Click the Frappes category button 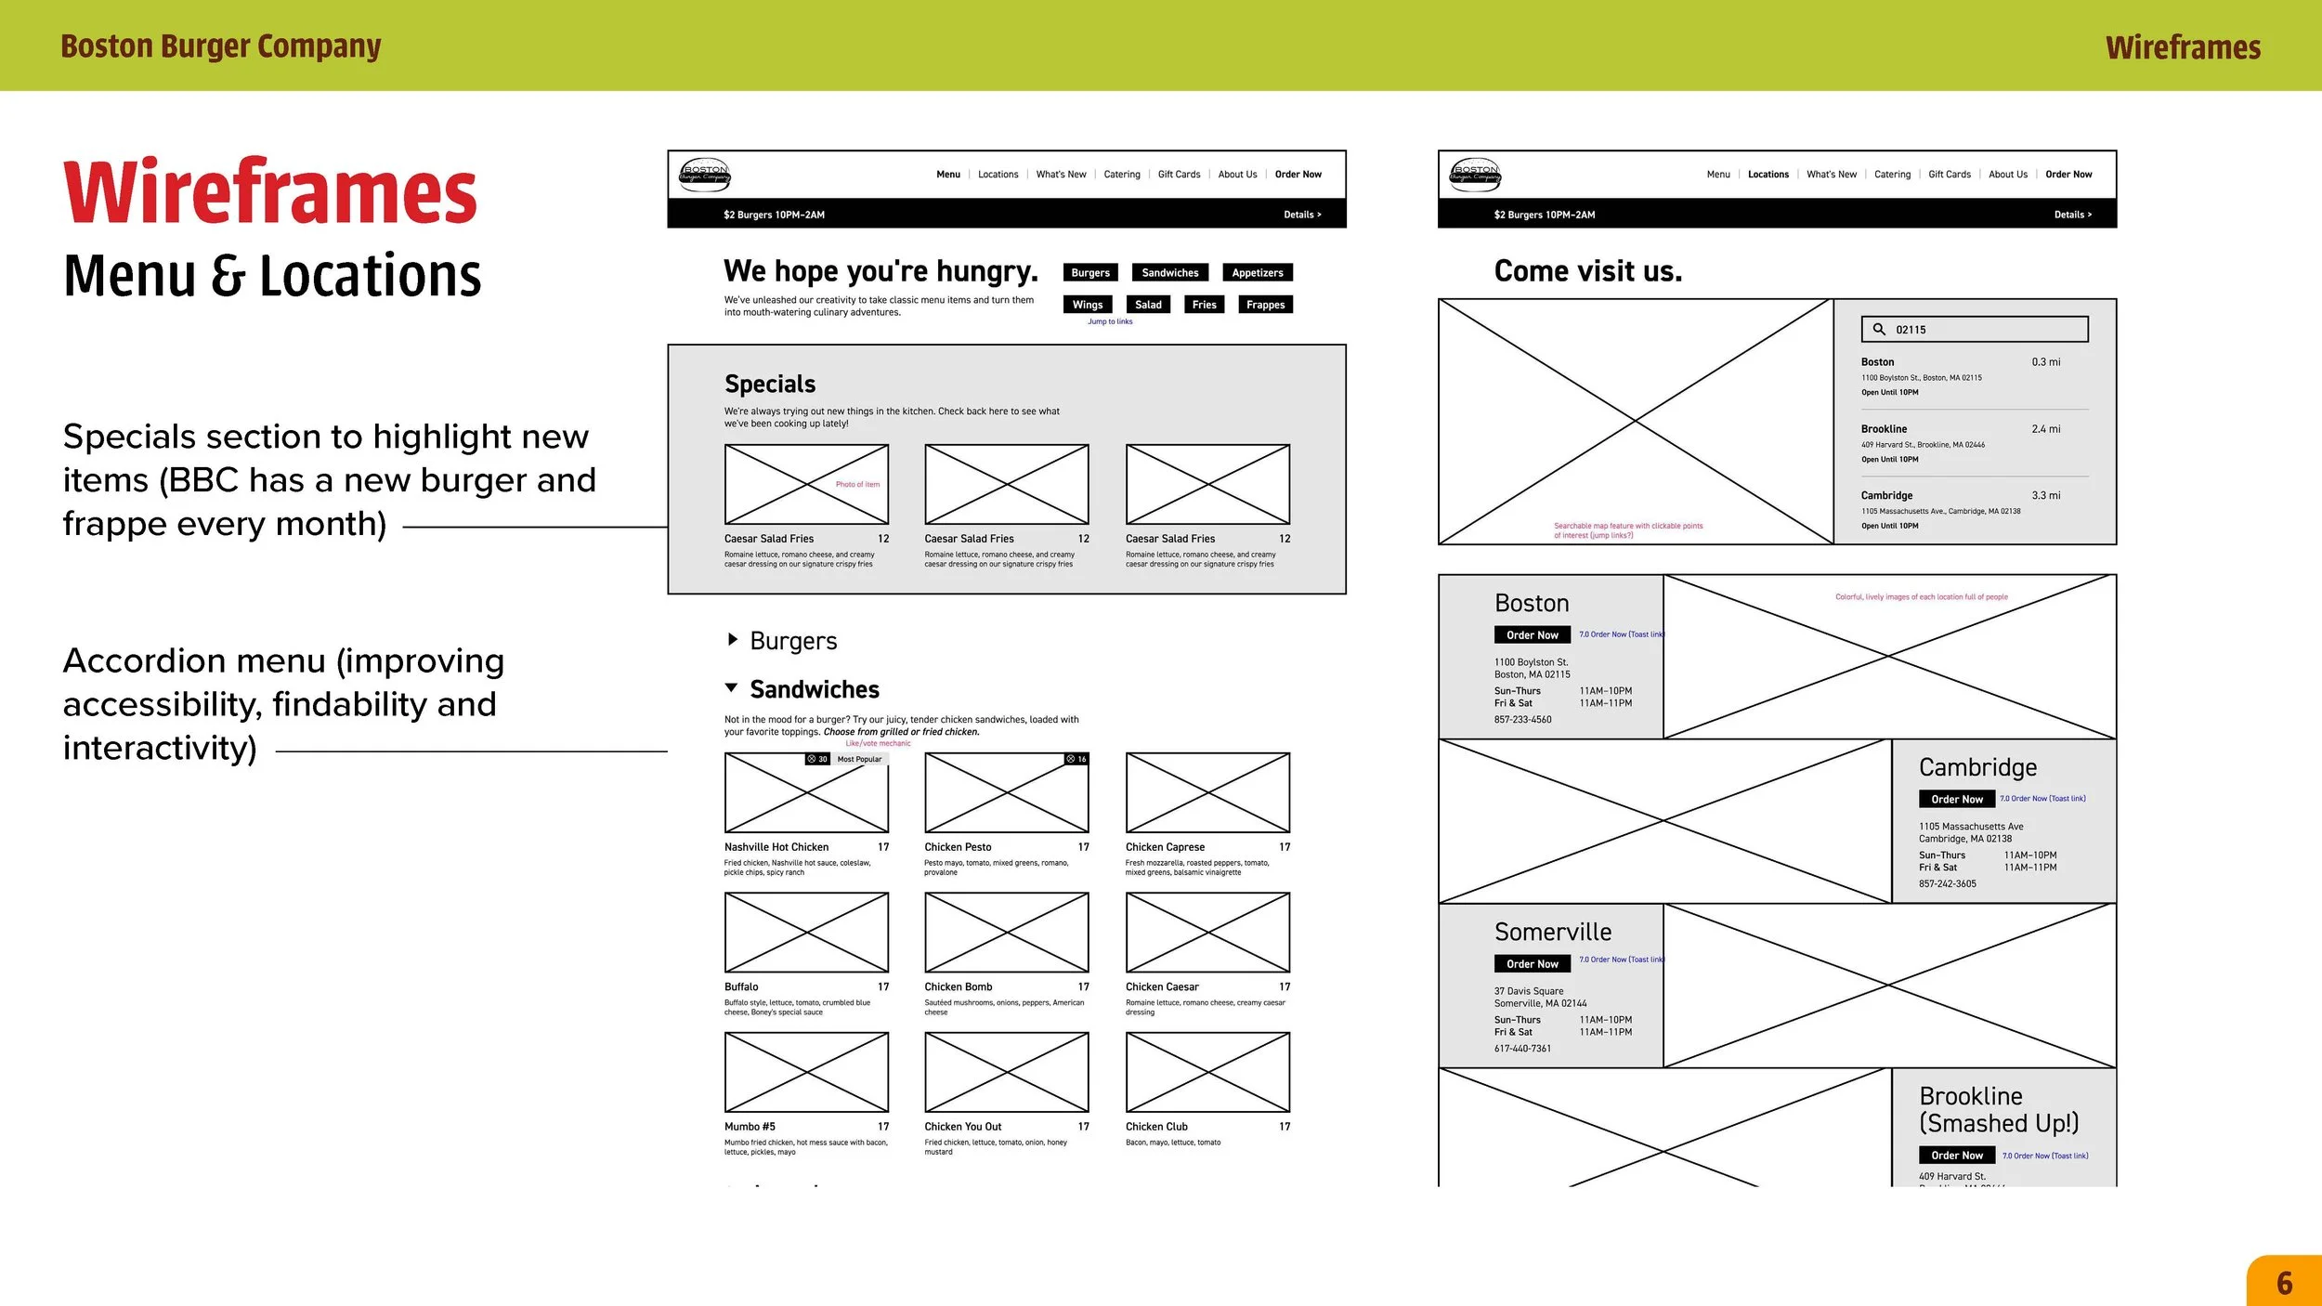[1265, 305]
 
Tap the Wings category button [1087, 305]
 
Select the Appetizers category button [1257, 273]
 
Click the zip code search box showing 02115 [1974, 330]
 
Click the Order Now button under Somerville [1532, 964]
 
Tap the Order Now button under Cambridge [1956, 800]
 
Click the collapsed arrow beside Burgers [732, 640]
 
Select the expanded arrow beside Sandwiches [732, 688]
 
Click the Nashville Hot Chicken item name [776, 847]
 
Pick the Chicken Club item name [1156, 1127]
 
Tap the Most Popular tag [859, 760]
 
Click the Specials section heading [770, 385]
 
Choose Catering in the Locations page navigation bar [1892, 175]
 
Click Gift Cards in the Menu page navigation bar [1179, 175]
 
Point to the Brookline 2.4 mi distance [2045, 429]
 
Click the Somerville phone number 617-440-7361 [1522, 1049]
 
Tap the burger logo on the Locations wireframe [1475, 175]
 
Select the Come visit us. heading [1587, 271]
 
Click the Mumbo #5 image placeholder [806, 1072]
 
